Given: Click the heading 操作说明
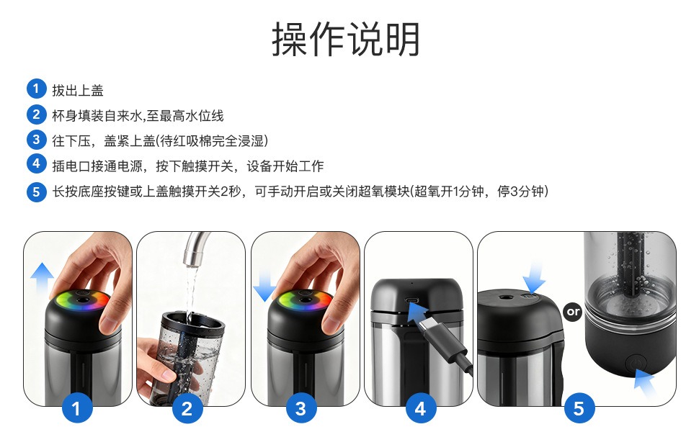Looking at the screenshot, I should [346, 40].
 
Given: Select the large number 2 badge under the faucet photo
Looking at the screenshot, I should [187, 409].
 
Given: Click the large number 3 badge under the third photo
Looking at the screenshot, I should [300, 409].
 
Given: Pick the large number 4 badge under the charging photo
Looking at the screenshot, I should [420, 409].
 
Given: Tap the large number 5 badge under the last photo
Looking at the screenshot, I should [578, 409].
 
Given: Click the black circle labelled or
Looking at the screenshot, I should [573, 312].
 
